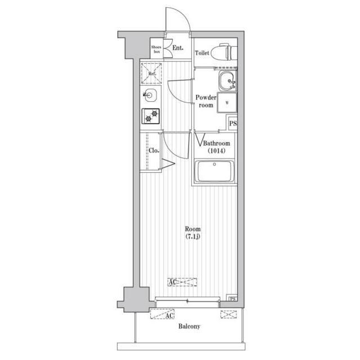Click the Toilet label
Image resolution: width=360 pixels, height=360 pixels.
(202, 53)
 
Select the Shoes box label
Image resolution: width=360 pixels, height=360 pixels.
(156, 49)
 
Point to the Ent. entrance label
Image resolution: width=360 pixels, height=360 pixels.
(178, 48)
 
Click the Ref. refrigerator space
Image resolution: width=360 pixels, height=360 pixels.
(151, 74)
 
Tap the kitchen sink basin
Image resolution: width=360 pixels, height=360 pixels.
(150, 95)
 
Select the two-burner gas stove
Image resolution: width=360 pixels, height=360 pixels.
(151, 116)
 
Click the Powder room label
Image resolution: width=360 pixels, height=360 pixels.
(206, 101)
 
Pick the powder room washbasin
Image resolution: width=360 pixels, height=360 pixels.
(227, 81)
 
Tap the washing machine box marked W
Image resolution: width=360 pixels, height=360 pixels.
(227, 103)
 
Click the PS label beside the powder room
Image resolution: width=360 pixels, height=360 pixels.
(233, 124)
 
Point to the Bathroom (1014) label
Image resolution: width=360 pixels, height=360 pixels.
(217, 147)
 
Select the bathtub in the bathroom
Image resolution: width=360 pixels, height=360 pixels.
(214, 172)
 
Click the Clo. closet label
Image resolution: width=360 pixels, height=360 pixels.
(154, 151)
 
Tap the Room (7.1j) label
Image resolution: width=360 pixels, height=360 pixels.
(193, 232)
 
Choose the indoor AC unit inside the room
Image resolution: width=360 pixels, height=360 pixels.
(182, 282)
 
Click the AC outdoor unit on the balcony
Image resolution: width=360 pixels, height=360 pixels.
(162, 314)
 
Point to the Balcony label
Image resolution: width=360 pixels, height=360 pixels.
(189, 326)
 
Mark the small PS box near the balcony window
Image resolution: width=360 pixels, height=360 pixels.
(232, 299)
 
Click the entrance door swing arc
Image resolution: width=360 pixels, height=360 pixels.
(182, 13)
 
